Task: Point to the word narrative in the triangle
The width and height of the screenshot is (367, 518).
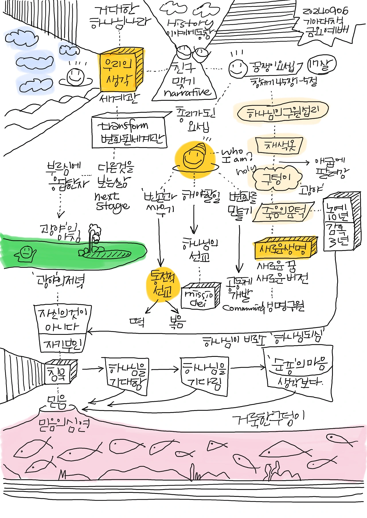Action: tap(187, 92)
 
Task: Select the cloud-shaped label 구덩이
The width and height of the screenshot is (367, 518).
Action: tap(277, 179)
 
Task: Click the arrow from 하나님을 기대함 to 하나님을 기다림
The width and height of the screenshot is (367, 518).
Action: tap(165, 369)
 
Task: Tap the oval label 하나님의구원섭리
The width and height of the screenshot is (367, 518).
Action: tap(282, 112)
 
